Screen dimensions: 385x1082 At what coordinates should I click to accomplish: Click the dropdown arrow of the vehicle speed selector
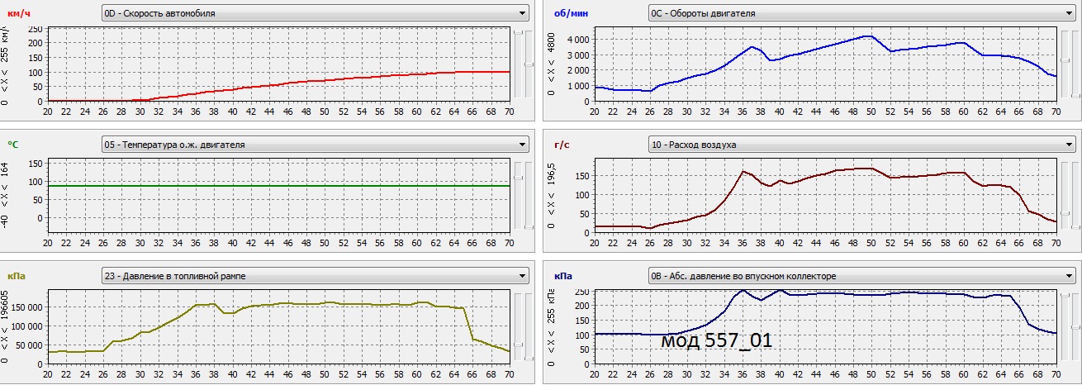pyautogui.click(x=522, y=12)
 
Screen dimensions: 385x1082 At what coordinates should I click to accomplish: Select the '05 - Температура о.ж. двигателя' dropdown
pyautogui.click(x=315, y=145)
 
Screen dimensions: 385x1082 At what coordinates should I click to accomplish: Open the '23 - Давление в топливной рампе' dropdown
pyautogui.click(x=315, y=276)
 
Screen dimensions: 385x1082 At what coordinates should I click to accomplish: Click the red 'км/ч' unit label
pyautogui.click(x=19, y=12)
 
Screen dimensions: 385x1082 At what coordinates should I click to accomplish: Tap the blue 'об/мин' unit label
pyautogui.click(x=570, y=12)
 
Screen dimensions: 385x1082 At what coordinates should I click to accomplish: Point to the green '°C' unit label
pyautogui.click(x=13, y=145)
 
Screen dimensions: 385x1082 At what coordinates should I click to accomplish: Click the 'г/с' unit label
pyautogui.click(x=562, y=145)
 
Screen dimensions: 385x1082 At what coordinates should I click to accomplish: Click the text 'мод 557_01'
pyautogui.click(x=716, y=340)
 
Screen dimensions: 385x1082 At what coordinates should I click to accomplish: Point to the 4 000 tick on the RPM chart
pyautogui.click(x=577, y=40)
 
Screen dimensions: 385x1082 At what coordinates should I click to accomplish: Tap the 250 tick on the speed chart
pyautogui.click(x=35, y=29)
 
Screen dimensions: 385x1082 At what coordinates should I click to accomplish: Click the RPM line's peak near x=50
pyautogui.click(x=867, y=36)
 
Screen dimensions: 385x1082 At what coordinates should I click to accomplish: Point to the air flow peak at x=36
pyautogui.click(x=743, y=171)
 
